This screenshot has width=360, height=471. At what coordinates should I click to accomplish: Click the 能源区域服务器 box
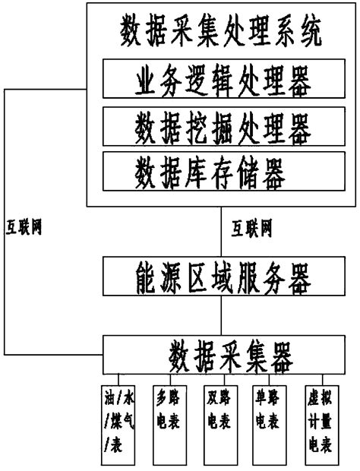coord(222,277)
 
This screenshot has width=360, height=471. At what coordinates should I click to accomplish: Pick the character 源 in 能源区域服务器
coord(168,277)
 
